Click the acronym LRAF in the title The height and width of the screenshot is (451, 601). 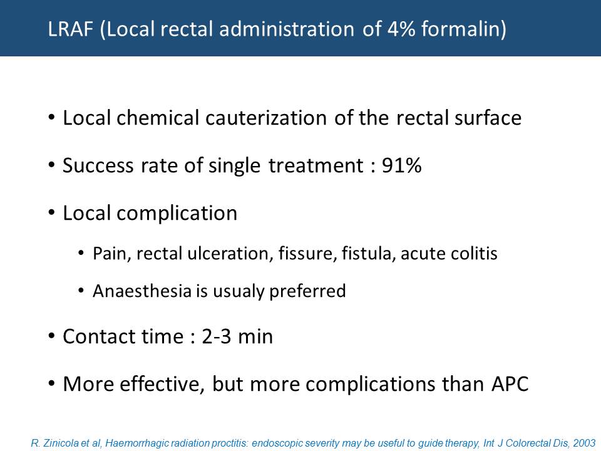click(x=71, y=29)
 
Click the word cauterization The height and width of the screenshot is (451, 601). click(x=266, y=118)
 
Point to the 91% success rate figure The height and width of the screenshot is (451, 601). click(x=402, y=165)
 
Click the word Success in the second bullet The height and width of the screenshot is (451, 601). click(x=98, y=165)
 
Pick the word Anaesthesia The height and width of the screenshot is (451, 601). click(x=142, y=291)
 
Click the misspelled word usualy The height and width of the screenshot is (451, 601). click(x=239, y=291)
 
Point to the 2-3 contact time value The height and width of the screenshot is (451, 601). click(x=217, y=336)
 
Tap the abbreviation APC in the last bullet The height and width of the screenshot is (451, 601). click(x=510, y=384)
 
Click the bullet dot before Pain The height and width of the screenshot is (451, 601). click(x=81, y=254)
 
